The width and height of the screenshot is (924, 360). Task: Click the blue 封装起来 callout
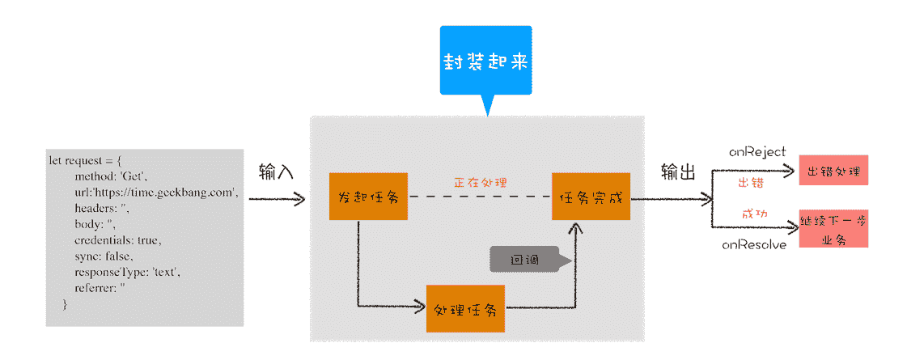pyautogui.click(x=485, y=62)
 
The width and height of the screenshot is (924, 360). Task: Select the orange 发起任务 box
pyautogui.click(x=368, y=197)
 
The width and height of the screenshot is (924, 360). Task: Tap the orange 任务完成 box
pyautogui.click(x=591, y=197)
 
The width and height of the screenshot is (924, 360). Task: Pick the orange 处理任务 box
pyautogui.click(x=465, y=308)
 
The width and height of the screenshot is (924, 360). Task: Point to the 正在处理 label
pyautogui.click(x=480, y=183)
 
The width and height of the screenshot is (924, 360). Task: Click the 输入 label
pyautogui.click(x=276, y=172)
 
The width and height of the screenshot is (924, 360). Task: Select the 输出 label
pyautogui.click(x=677, y=172)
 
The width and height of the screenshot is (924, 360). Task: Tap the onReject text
pyautogui.click(x=757, y=152)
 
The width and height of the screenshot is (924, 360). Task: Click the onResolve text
pyautogui.click(x=754, y=244)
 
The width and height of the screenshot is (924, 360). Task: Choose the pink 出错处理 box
pyautogui.click(x=833, y=171)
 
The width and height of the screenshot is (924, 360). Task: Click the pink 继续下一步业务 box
pyautogui.click(x=833, y=229)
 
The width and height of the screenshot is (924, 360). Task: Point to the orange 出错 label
pyautogui.click(x=751, y=183)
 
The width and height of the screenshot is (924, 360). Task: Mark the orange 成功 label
pyautogui.click(x=754, y=214)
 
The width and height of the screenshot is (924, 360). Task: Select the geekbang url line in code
pyautogui.click(x=155, y=192)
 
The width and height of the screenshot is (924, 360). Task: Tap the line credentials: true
pyautogui.click(x=118, y=240)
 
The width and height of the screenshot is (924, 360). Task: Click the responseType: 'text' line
pyautogui.click(x=127, y=272)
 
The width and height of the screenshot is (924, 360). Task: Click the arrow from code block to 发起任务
pyautogui.click(x=276, y=198)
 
